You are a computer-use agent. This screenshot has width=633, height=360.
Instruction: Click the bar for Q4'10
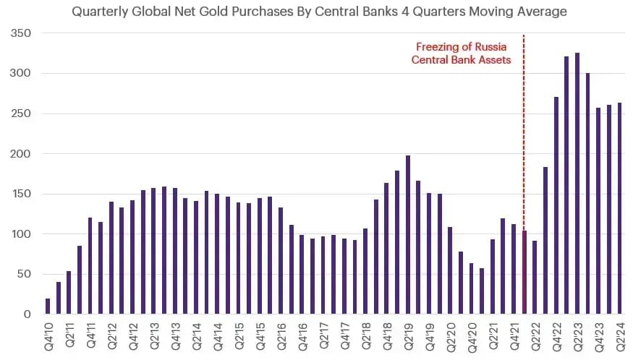click(48, 306)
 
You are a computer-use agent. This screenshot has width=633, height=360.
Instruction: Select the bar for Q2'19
click(408, 234)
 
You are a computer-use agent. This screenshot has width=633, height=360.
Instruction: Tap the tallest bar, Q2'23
click(577, 183)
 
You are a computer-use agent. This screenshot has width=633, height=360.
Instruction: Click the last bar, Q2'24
click(619, 208)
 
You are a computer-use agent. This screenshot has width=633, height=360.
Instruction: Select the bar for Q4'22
click(556, 205)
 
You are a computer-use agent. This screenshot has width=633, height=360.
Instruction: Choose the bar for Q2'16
click(281, 261)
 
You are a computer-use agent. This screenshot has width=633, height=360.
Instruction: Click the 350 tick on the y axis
click(20, 33)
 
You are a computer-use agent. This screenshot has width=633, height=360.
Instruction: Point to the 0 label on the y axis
click(27, 314)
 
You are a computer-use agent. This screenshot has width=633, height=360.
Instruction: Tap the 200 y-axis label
click(20, 153)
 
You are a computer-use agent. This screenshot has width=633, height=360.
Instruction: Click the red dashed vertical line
click(524, 174)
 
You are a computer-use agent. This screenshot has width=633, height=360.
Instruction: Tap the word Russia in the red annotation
click(490, 47)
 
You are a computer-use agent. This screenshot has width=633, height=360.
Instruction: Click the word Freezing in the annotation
click(438, 47)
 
